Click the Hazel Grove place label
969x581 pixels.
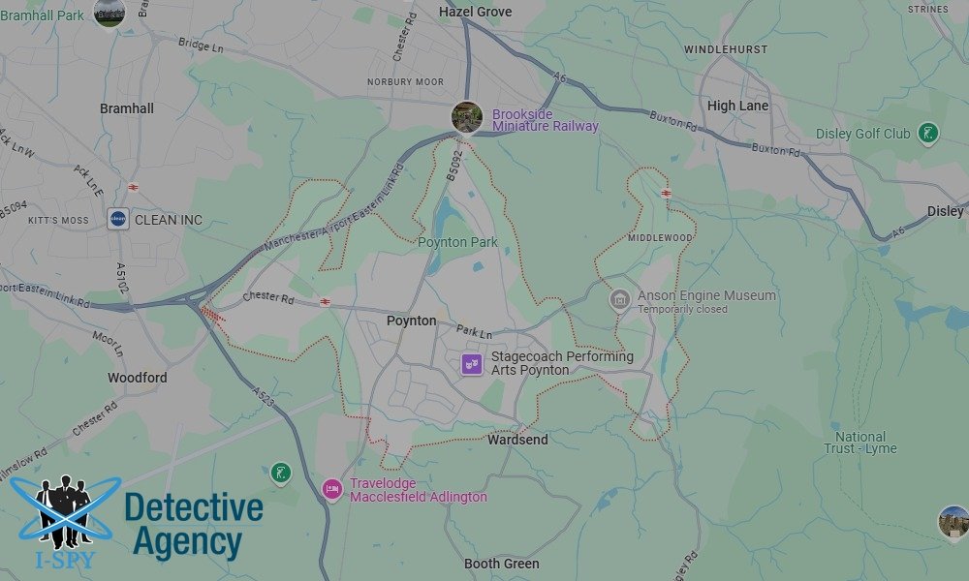(x=475, y=12)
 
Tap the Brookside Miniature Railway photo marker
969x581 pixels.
(x=467, y=117)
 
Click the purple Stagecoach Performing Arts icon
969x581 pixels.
(x=472, y=364)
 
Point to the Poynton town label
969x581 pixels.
(x=411, y=321)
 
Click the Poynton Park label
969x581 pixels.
(x=457, y=242)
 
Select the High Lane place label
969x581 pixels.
(x=737, y=106)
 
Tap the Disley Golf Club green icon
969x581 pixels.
(x=928, y=133)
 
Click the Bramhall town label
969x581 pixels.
(x=127, y=108)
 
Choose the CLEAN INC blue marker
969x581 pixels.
(x=118, y=220)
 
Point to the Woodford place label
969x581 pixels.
(x=137, y=378)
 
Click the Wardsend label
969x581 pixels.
(x=517, y=440)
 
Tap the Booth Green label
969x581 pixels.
(x=502, y=564)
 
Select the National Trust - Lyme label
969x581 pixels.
(x=860, y=443)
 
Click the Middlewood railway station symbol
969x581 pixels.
(x=666, y=193)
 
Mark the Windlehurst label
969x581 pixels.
(x=726, y=48)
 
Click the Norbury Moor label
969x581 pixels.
(x=405, y=82)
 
